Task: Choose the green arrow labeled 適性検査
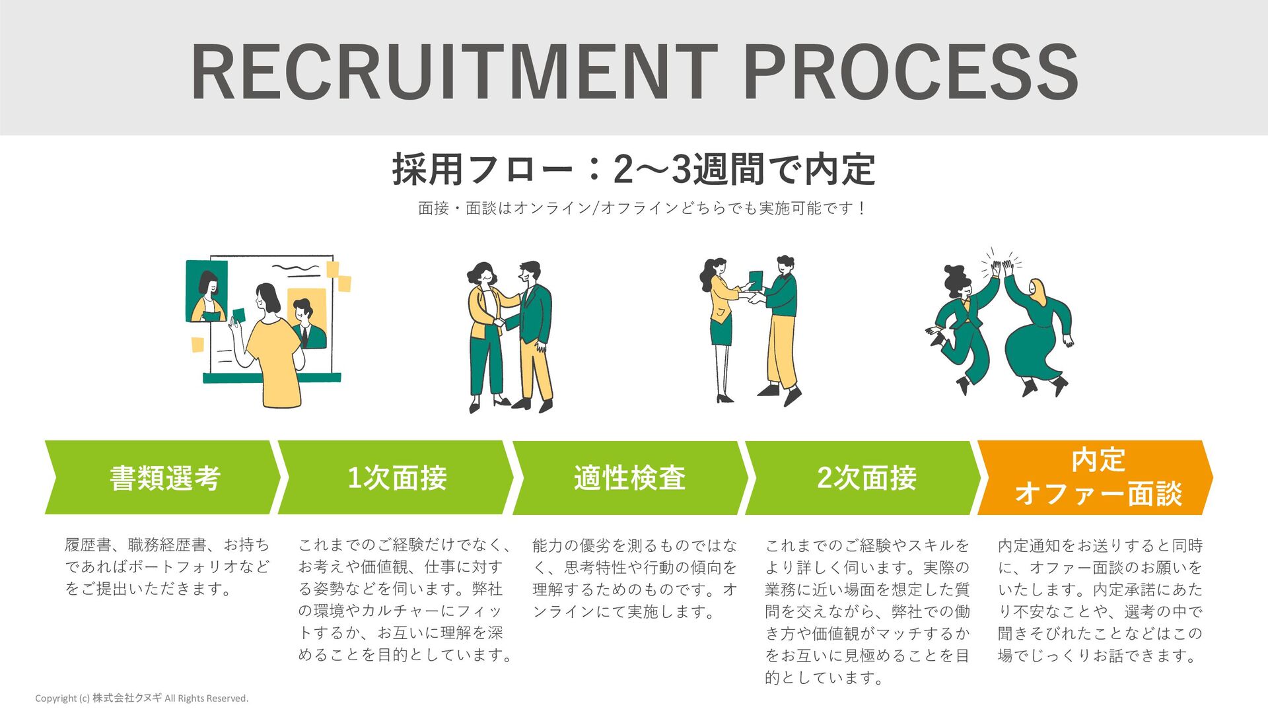pos(629,477)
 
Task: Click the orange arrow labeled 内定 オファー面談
pos(1097,477)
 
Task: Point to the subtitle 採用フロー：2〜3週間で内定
pos(633,169)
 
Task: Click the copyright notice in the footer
pos(141,698)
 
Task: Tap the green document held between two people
pos(756,281)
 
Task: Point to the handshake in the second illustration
pos(500,323)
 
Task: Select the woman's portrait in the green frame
pos(207,291)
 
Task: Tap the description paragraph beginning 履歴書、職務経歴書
pos(167,566)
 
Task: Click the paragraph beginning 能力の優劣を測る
pos(634,578)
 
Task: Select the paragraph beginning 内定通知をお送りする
pos(1100,600)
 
